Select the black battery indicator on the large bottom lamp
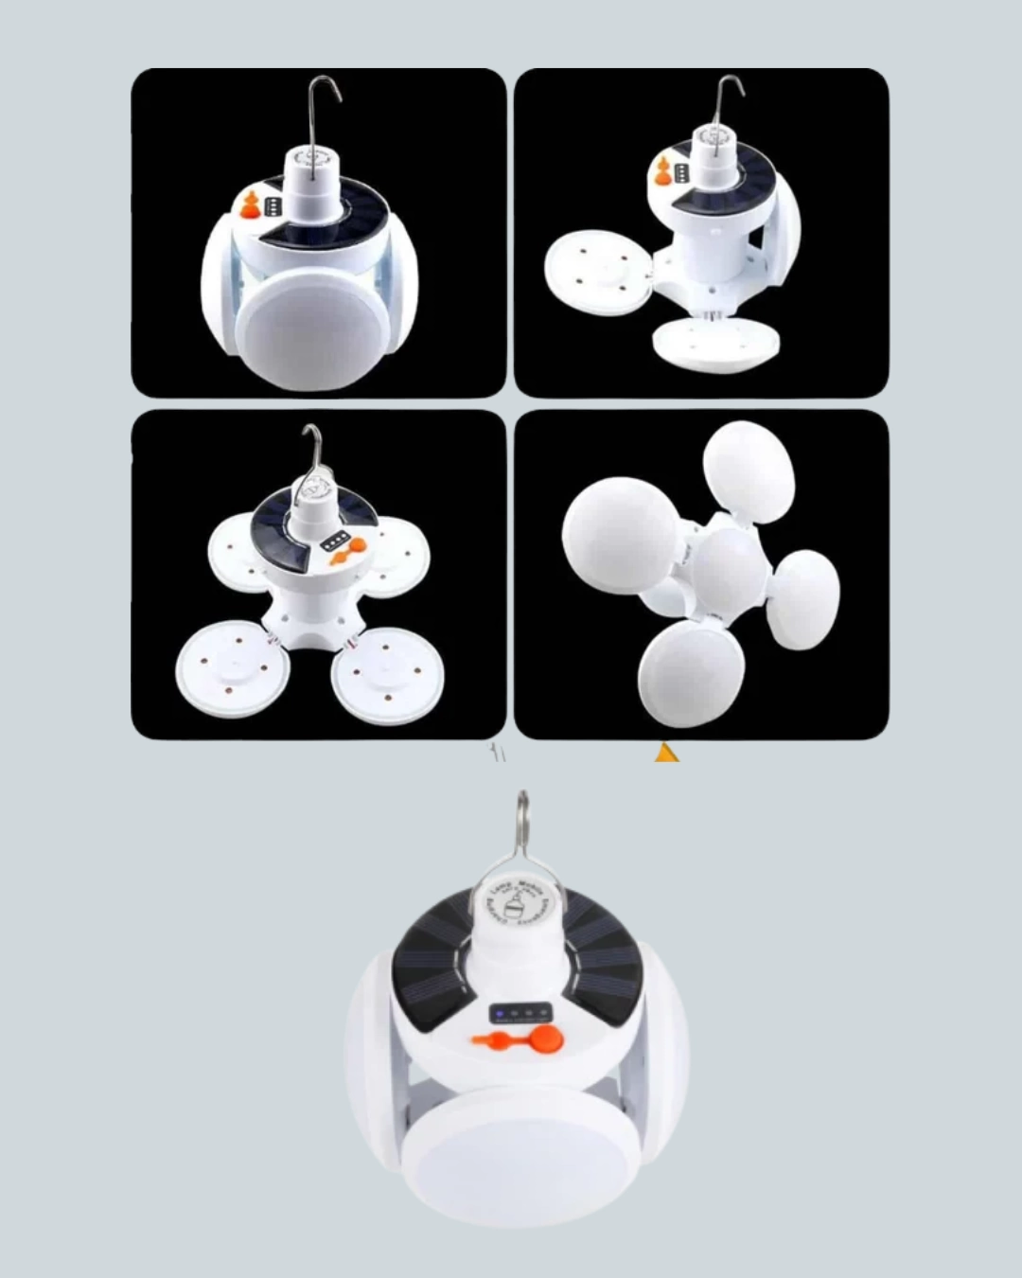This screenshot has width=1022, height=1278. click(519, 1014)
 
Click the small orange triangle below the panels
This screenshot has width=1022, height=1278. click(666, 754)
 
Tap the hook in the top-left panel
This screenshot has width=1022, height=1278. click(325, 104)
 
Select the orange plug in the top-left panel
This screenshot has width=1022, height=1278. click(251, 205)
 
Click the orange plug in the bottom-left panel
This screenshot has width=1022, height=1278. click(356, 546)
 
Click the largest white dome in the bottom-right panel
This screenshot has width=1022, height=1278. click(620, 530)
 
